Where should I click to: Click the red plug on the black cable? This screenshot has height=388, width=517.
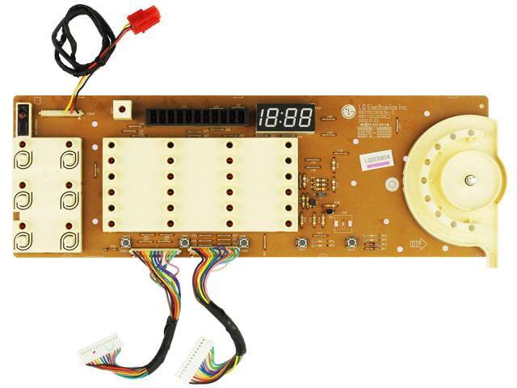145,19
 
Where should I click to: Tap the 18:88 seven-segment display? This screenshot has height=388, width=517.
285,118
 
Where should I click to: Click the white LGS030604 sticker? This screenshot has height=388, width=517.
375,159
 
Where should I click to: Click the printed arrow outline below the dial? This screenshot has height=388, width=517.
418,242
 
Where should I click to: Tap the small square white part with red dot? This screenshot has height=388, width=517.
123,108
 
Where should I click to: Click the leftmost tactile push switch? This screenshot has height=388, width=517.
126,242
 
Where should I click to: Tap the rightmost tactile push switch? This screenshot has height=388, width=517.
351,242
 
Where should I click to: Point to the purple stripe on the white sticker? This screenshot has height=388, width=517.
375,164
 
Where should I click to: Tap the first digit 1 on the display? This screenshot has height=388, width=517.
265,118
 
